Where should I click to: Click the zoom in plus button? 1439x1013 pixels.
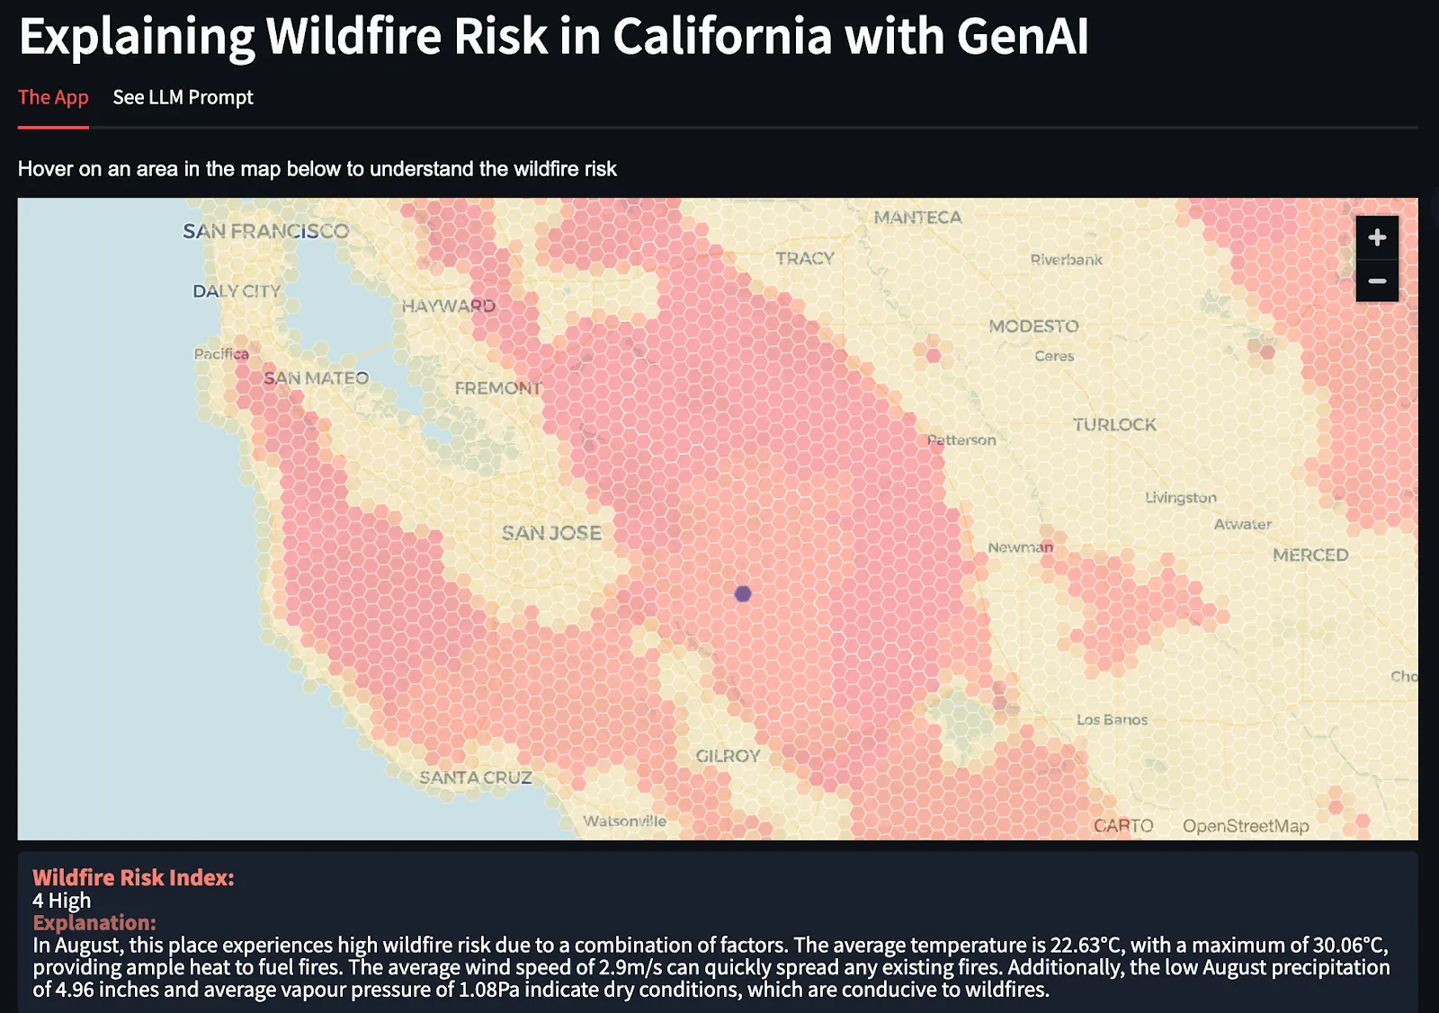point(1377,237)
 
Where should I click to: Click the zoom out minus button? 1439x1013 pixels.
point(1377,281)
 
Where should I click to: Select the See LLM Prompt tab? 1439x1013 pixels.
point(183,97)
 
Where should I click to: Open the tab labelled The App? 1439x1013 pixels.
point(53,97)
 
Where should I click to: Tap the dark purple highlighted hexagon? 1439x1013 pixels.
point(743,594)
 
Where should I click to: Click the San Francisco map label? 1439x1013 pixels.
point(265,232)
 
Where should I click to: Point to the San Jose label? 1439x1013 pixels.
point(551,533)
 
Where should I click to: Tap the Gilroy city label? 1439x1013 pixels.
point(728,756)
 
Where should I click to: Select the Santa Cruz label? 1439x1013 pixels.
point(476,778)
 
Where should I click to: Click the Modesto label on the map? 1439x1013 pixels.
point(1033,326)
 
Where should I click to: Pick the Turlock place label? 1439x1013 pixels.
point(1114,424)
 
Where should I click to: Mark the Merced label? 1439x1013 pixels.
point(1310,555)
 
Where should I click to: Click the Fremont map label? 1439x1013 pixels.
point(497,388)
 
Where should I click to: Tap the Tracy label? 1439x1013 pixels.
point(805,258)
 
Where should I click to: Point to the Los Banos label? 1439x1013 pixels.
point(1112,720)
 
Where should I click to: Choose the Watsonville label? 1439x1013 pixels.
point(624,821)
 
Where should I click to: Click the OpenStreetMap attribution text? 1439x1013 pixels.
point(1246,826)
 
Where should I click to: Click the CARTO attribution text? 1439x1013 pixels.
point(1123,826)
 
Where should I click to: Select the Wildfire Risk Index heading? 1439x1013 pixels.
point(133,877)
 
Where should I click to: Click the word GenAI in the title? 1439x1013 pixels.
point(1022,36)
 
